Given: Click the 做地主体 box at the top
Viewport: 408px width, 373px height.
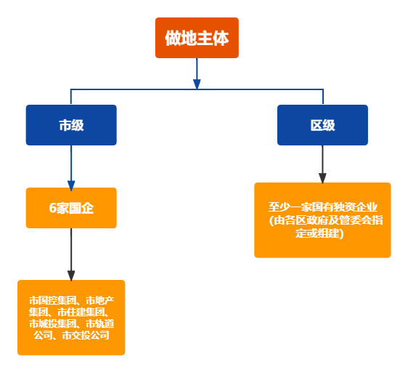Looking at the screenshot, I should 197,38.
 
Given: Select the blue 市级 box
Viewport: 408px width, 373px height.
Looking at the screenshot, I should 71,125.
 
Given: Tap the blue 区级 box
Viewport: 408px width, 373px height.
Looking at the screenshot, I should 322,125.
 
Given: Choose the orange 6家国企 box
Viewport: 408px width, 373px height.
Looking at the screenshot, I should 71,208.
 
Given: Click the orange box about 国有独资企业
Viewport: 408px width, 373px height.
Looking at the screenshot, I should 322,220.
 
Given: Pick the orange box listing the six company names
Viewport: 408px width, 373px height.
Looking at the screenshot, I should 71,317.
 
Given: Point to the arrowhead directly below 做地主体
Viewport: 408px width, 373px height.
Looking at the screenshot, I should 197,84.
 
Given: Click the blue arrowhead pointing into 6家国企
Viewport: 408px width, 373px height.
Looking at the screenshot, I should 71,184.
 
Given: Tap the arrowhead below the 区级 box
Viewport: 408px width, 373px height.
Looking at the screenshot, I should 322,177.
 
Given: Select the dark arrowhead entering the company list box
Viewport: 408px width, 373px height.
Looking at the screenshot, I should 71,275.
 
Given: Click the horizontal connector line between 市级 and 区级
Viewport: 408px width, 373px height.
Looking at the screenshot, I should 145,89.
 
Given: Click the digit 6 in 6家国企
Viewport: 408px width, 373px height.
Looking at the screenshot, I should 52,208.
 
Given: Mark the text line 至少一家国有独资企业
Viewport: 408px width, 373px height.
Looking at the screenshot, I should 322,208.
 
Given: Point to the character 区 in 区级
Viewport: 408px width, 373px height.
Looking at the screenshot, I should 317,125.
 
